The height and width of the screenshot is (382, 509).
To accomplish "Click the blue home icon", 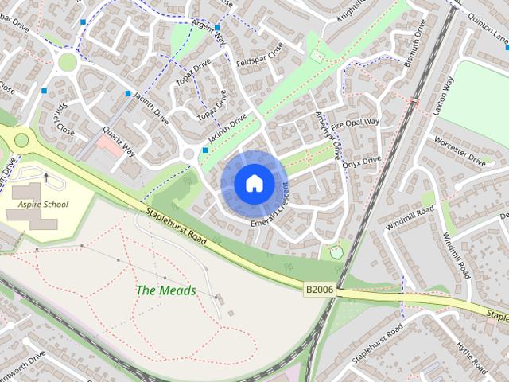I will tap(254, 183).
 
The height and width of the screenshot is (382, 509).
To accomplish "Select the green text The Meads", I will tap(165, 290).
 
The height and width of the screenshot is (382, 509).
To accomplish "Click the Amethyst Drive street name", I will tap(328, 135).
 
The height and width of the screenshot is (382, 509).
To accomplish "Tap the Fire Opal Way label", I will tap(356, 124).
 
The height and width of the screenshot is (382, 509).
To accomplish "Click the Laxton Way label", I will tap(444, 95).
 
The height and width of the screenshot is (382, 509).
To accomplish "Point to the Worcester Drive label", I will tap(460, 151).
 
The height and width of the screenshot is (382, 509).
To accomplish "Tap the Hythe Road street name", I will tap(472, 356).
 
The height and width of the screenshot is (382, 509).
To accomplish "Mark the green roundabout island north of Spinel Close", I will tap(68, 61).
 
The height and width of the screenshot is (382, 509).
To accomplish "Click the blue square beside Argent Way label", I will tap(217, 28).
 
